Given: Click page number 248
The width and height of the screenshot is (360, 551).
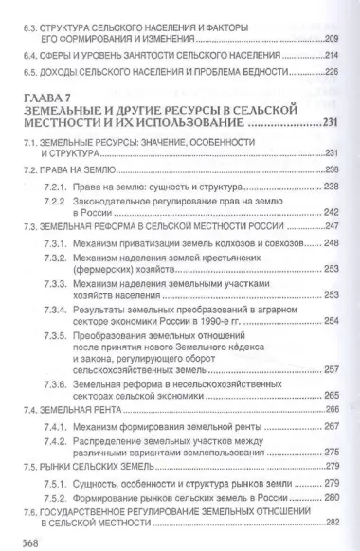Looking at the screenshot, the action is [x=332, y=243].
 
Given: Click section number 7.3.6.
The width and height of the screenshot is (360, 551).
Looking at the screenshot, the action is [x=57, y=385].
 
